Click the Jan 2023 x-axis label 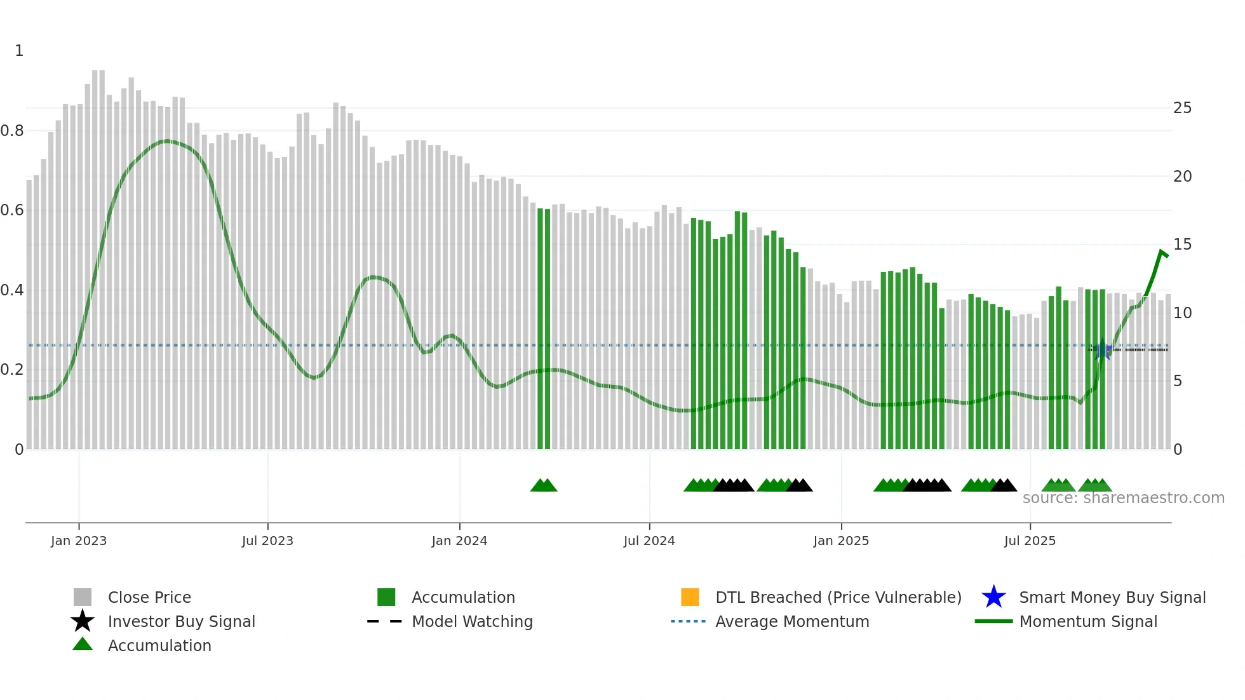pyautogui.click(x=79, y=541)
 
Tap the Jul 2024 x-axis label pyautogui.click(x=649, y=541)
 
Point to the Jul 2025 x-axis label pyautogui.click(x=1030, y=541)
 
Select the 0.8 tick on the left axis pyautogui.click(x=12, y=131)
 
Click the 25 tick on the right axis pyautogui.click(x=1182, y=108)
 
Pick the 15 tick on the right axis pyautogui.click(x=1182, y=245)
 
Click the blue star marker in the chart pyautogui.click(x=1103, y=350)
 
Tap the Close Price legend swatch pyautogui.click(x=83, y=597)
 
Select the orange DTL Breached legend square pyautogui.click(x=690, y=597)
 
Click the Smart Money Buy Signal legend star pyautogui.click(x=993, y=597)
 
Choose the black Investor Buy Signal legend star pyautogui.click(x=83, y=621)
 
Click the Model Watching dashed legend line pyautogui.click(x=385, y=621)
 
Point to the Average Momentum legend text pyautogui.click(x=792, y=621)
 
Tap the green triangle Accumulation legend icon pyautogui.click(x=83, y=645)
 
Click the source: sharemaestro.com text pyautogui.click(x=1123, y=498)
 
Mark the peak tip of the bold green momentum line pyautogui.click(x=1161, y=252)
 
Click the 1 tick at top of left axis pyautogui.click(x=19, y=51)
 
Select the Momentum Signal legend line pyautogui.click(x=993, y=621)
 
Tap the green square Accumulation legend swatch pyautogui.click(x=386, y=597)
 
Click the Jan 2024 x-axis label pyautogui.click(x=459, y=541)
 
